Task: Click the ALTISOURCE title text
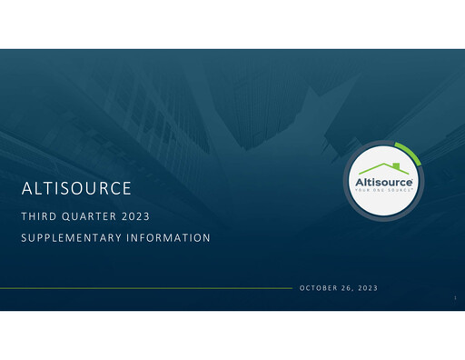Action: pos(77,190)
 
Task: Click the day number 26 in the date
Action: pos(347,288)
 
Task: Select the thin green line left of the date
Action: pos(145,288)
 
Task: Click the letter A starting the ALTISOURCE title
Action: pos(25,190)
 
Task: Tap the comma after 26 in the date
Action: pos(353,290)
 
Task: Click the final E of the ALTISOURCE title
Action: pos(128,190)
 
